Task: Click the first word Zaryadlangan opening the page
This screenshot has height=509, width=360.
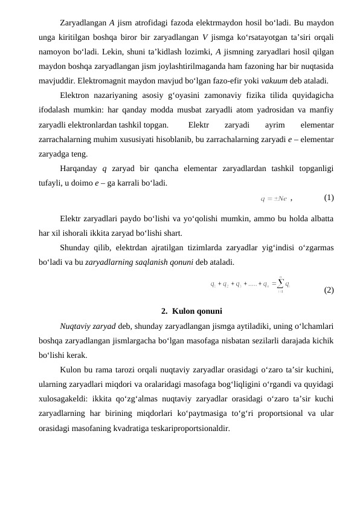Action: (83, 23)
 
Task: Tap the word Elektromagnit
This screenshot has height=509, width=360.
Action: (106, 80)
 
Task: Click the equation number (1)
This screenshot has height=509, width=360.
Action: (329, 198)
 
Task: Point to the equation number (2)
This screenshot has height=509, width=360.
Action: (329, 290)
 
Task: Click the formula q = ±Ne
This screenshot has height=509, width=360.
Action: (273, 198)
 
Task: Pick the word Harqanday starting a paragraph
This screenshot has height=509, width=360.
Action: (81, 169)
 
